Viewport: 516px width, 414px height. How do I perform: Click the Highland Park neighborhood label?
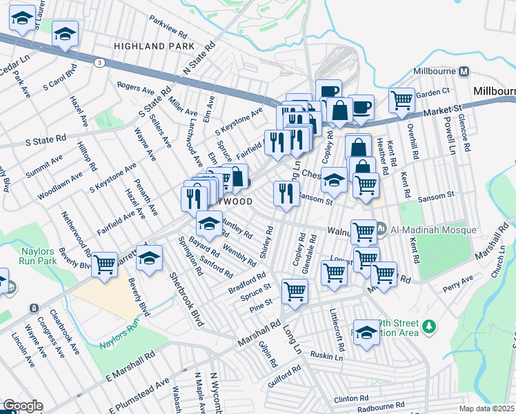(x=155, y=46)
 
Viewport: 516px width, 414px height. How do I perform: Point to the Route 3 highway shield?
(x=101, y=63)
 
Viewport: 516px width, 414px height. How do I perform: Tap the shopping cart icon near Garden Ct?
(x=401, y=100)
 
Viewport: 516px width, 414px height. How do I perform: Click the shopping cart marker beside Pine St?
(x=295, y=291)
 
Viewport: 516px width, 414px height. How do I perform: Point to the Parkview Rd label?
(x=168, y=28)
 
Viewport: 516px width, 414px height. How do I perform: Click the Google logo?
(x=23, y=406)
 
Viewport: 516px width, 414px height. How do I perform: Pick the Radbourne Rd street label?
(x=379, y=406)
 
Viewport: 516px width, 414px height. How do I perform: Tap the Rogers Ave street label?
(x=135, y=88)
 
